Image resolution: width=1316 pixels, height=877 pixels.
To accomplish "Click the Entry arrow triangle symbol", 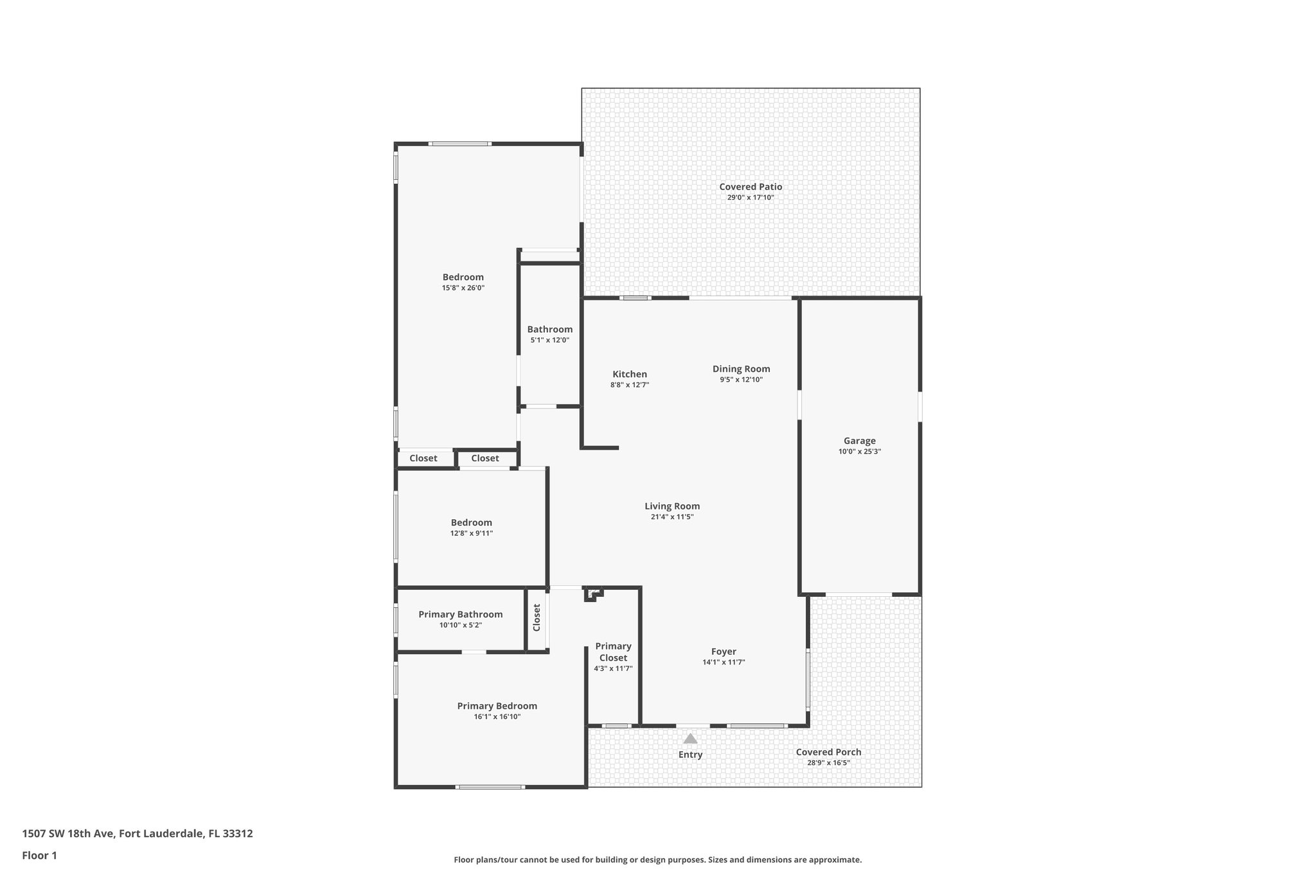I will click(x=690, y=738).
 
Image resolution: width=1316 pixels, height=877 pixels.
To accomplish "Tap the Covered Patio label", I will click(x=751, y=187).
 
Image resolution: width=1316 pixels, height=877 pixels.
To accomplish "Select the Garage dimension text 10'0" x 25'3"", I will click(x=859, y=452).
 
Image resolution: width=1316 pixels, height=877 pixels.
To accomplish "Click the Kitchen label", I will click(x=630, y=374).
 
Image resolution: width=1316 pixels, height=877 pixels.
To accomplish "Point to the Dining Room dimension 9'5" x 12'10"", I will click(x=741, y=380).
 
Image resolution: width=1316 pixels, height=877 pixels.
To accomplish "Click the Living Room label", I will click(x=672, y=506).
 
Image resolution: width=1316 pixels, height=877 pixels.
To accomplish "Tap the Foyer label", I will click(x=724, y=651).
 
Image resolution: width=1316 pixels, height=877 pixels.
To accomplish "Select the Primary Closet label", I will click(x=613, y=652).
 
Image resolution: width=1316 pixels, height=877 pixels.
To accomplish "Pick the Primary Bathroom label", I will click(x=460, y=614).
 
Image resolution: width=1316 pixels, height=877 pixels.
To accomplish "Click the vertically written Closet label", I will click(x=537, y=617).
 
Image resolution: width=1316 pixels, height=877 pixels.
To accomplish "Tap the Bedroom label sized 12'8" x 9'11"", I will click(x=471, y=522).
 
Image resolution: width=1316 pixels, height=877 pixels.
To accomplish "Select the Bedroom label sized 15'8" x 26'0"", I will click(x=463, y=277).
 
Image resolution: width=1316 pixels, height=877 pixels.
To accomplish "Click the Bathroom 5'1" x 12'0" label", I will click(x=549, y=329).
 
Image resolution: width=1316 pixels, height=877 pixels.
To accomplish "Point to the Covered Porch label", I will click(x=828, y=752).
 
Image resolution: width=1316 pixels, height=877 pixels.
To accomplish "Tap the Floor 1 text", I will click(x=39, y=855).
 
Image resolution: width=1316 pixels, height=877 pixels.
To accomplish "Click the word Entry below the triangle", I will click(x=690, y=755).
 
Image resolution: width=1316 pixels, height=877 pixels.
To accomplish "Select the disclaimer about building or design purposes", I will click(x=657, y=860).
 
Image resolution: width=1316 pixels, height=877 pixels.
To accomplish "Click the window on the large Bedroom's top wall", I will click(x=460, y=144).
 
